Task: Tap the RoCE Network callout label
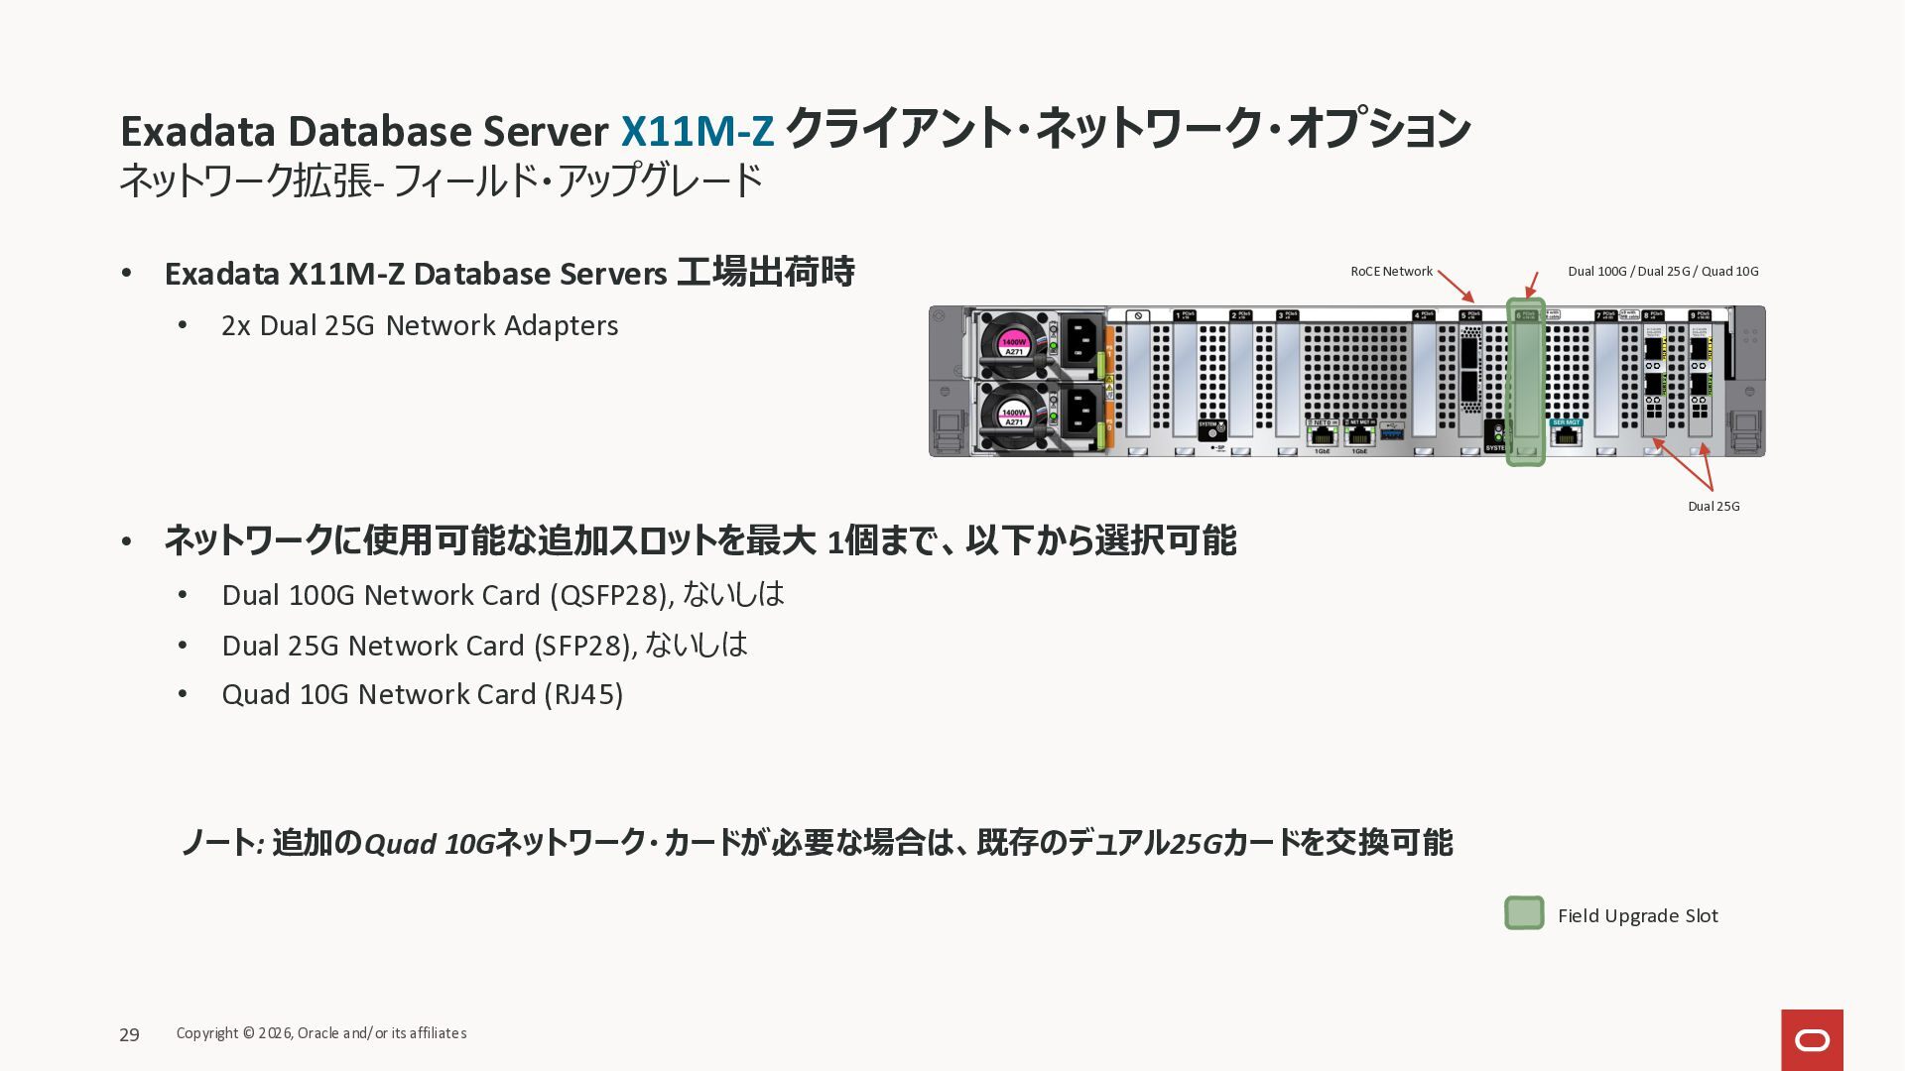coord(1391,272)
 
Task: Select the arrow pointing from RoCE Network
coord(1456,287)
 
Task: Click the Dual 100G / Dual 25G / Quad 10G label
coord(1663,272)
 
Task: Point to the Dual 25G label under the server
coord(1714,507)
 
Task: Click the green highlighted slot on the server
coord(1525,383)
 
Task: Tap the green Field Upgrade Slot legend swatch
coord(1524,913)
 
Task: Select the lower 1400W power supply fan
coord(1013,415)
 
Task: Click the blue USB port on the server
coord(1392,433)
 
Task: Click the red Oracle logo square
coord(1812,1039)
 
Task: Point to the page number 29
coord(129,1035)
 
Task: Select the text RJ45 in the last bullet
coord(584,694)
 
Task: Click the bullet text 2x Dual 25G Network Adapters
coord(420,326)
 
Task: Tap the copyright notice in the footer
coord(321,1033)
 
